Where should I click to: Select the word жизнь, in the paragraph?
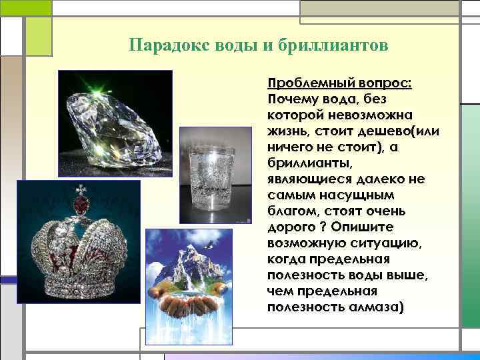289,130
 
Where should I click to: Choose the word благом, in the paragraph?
291,211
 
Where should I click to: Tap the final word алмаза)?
371,307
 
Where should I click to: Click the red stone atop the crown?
81,200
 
